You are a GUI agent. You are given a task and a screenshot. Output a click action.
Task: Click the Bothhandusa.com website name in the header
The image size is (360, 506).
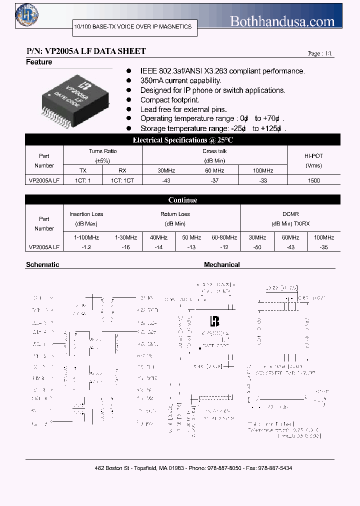[282, 21]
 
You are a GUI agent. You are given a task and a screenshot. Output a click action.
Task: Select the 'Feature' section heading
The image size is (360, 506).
[39, 62]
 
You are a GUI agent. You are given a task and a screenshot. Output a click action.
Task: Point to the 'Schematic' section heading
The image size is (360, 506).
[42, 264]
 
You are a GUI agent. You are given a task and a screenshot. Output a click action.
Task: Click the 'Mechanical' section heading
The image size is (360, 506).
[221, 264]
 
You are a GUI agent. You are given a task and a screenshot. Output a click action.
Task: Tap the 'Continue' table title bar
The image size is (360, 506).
[182, 200]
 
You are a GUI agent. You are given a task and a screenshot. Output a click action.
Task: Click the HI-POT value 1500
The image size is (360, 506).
[314, 180]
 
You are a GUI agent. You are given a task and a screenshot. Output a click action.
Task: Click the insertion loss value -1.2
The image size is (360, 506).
[86, 247]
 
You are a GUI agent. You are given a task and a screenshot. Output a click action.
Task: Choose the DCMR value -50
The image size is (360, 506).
[257, 247]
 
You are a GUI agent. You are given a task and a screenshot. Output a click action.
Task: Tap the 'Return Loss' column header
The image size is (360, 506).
[175, 214]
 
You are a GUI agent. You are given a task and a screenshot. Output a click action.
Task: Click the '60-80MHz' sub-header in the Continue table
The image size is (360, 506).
[224, 237]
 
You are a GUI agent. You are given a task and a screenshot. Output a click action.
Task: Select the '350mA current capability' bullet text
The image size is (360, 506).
[180, 80]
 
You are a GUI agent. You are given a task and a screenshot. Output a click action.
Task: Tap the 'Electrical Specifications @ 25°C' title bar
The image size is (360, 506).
[182, 140]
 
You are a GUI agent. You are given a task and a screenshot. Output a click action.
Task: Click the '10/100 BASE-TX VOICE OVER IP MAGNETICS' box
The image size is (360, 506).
[132, 26]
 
